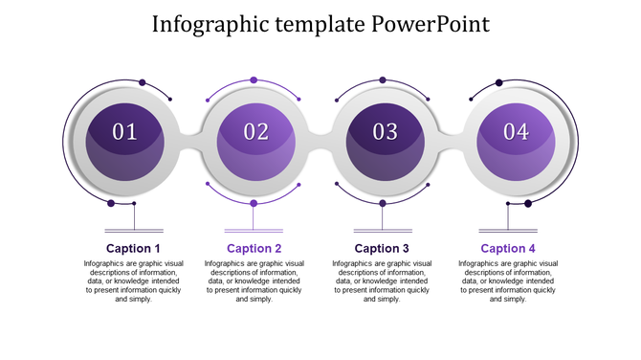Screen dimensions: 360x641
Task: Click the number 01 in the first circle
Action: [x=125, y=132]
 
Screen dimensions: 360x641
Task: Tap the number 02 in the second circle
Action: [x=256, y=132]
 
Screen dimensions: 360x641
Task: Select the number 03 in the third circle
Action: [x=385, y=132]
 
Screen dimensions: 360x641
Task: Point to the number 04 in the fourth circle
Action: [x=516, y=132]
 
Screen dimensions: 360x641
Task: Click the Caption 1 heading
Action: [x=134, y=249]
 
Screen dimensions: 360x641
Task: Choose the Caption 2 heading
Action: [x=254, y=249]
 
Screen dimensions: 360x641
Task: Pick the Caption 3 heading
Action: [x=382, y=249]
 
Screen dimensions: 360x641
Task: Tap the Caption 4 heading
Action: [x=508, y=249]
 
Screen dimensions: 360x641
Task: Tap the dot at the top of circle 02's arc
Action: [x=254, y=80]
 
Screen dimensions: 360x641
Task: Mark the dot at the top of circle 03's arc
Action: [x=383, y=80]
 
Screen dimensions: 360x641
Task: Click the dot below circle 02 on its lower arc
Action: [x=254, y=203]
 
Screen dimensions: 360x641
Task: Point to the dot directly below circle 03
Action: [x=383, y=203]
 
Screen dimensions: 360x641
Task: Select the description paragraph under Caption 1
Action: [x=134, y=281]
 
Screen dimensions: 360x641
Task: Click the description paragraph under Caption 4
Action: [x=508, y=281]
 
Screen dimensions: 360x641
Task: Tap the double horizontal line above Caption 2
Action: [x=254, y=231]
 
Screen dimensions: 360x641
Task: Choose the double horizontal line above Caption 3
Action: [x=382, y=231]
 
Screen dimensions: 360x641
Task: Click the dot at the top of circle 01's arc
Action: [x=143, y=82]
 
